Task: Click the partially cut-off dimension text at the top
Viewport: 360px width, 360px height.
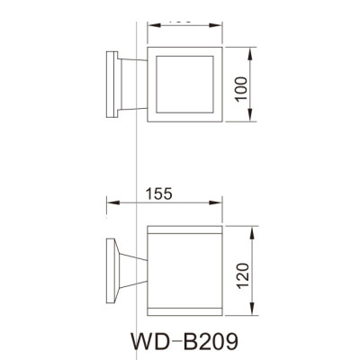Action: pyautogui.click(x=182, y=15)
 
